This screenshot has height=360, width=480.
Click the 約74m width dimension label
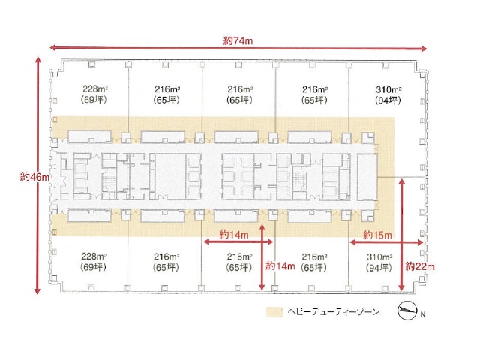pyautogui.click(x=238, y=40)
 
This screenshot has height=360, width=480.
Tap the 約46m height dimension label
pyautogui.click(x=34, y=177)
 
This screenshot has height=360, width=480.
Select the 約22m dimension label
pyautogui.click(x=420, y=266)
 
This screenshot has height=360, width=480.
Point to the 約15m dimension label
pyautogui.click(x=377, y=235)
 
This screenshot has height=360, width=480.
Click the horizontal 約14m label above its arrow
pyautogui.click(x=234, y=235)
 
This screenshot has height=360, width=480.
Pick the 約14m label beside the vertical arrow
pyautogui.click(x=280, y=265)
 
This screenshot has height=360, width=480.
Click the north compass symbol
pyautogui.click(x=407, y=310)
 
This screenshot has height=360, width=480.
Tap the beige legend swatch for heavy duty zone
pyautogui.click(x=274, y=312)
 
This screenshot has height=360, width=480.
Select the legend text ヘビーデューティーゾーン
pyautogui.click(x=334, y=312)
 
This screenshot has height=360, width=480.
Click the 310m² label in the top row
pyautogui.click(x=388, y=90)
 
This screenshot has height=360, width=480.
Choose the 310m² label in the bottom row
pyautogui.click(x=379, y=256)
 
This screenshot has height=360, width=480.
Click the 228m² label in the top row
pyautogui.click(x=95, y=88)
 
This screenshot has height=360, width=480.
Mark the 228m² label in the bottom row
pyautogui.click(x=94, y=256)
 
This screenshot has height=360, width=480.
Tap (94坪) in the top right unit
pyautogui.click(x=388, y=100)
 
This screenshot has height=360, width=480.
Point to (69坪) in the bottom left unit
pyautogui.click(x=93, y=267)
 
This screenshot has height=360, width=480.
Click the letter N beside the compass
pyautogui.click(x=423, y=314)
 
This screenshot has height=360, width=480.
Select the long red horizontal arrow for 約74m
pyautogui.click(x=238, y=48)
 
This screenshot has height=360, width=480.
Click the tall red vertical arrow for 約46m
pyautogui.click(x=37, y=175)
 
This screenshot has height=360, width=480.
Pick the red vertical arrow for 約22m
pyautogui.click(x=402, y=235)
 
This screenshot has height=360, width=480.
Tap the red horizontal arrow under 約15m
pyautogui.click(x=387, y=242)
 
